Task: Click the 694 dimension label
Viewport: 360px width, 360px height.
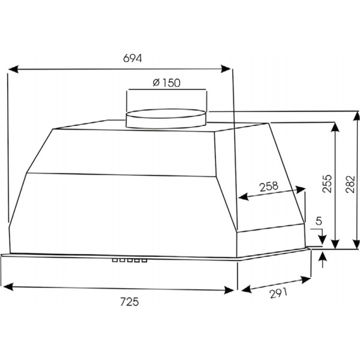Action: (x=133, y=58)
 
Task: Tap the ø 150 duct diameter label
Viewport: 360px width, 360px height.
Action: (x=167, y=83)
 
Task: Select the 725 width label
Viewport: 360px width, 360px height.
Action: (x=130, y=302)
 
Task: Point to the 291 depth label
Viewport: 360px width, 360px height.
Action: (x=278, y=293)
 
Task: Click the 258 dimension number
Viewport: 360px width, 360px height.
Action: (x=269, y=186)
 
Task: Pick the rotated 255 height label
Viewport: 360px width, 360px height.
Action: (x=327, y=184)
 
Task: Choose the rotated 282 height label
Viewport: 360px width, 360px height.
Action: (x=350, y=184)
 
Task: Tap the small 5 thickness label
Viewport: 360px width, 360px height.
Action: (x=319, y=221)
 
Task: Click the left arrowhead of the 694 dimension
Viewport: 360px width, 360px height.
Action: (x=13, y=69)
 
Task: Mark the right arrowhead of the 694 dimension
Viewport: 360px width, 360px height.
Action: (x=226, y=68)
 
